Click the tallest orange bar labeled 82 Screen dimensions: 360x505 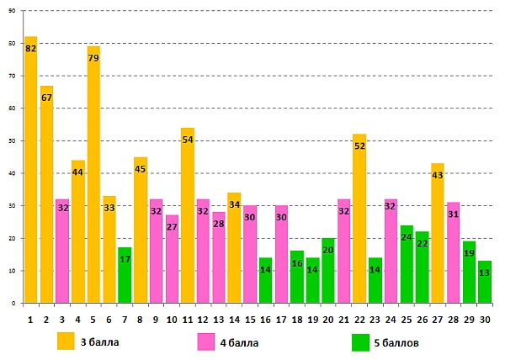coord(31,168)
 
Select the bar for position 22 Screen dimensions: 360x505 coord(359,219)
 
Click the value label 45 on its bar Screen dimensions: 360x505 coord(141,169)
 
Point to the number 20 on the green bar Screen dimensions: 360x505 coord(328,250)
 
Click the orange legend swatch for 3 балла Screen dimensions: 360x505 coord(66,341)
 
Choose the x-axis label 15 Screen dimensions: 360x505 coord(250,319)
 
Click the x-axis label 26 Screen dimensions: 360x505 coord(423,319)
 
